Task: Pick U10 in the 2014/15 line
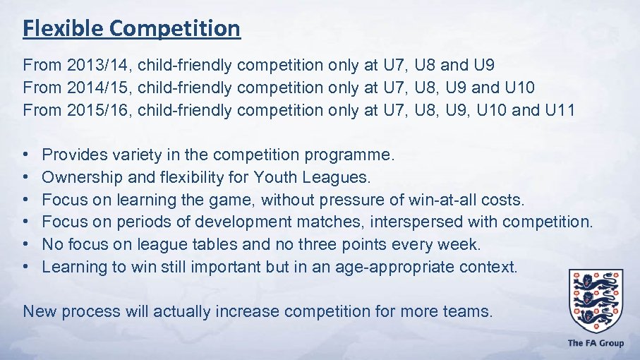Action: coord(520,88)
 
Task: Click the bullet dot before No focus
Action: coord(25,244)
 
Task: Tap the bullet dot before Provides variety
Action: coord(25,154)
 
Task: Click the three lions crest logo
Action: coord(596,299)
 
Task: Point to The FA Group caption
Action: coord(596,343)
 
